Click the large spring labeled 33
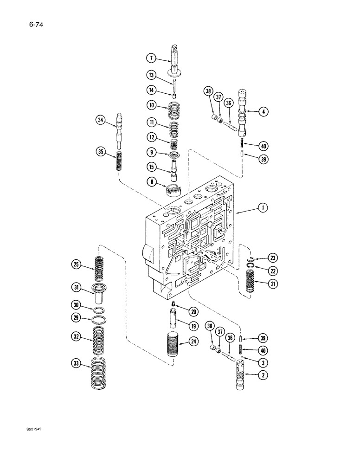(x=101, y=373)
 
